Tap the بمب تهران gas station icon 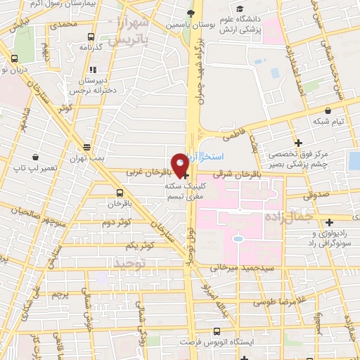pyautogui.click(x=86, y=148)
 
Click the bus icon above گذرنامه pyautogui.click(x=91, y=37)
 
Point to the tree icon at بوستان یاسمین pyautogui.click(x=189, y=12)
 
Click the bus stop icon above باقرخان pyautogui.click(x=120, y=191)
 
